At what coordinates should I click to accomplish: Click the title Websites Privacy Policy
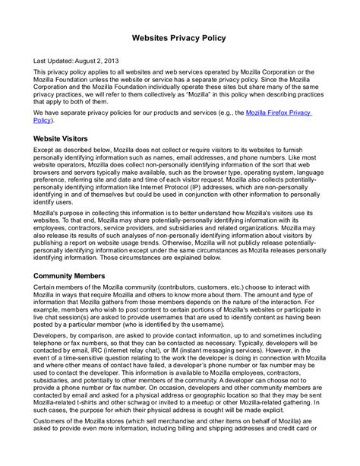click(180, 36)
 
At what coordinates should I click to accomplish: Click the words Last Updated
click(56, 59)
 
